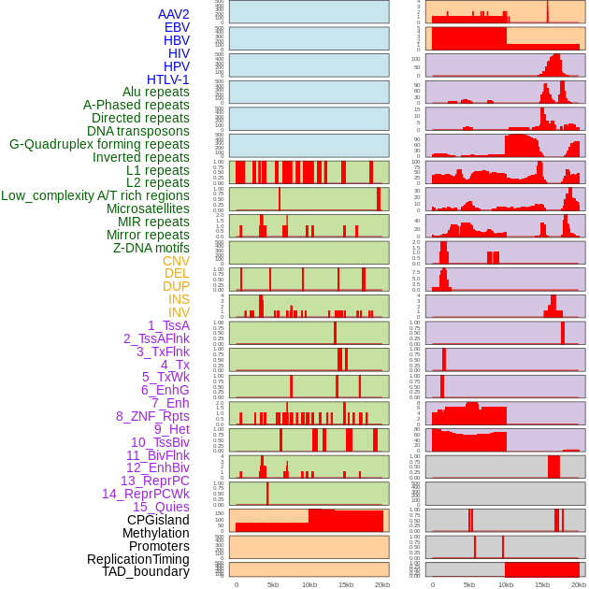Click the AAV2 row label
[x=174, y=14]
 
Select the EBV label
[x=177, y=27]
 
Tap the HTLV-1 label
[x=168, y=79]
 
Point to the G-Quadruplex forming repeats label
[x=99, y=144]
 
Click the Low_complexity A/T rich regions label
[x=95, y=195]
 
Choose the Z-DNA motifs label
[x=151, y=248]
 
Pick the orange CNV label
[x=176, y=261]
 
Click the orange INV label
[x=179, y=312]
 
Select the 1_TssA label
[x=168, y=325]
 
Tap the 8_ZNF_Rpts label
[x=152, y=416]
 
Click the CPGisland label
[x=158, y=520]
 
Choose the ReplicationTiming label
[x=138, y=559]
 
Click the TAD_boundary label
[x=146, y=571]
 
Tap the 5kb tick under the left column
[x=273, y=584]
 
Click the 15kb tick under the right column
[x=542, y=584]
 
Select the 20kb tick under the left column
[x=381, y=584]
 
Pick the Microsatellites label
[x=148, y=208]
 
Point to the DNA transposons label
[x=138, y=131]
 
